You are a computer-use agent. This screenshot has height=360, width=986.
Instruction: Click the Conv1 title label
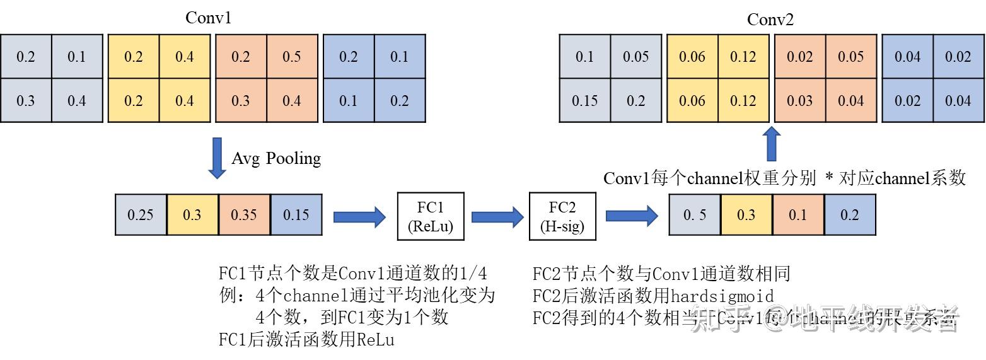click(208, 18)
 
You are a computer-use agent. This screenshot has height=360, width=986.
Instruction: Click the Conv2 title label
click(770, 20)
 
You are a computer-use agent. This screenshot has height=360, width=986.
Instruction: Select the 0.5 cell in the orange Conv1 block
click(292, 57)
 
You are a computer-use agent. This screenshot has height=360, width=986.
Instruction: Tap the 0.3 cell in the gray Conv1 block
click(26, 100)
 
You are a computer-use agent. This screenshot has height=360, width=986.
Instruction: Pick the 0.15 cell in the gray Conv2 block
click(585, 100)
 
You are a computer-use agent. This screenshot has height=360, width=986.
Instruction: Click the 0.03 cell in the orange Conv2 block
click(799, 100)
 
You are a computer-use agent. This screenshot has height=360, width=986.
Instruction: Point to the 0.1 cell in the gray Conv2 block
click(585, 57)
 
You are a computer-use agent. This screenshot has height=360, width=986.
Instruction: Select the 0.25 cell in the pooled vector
click(141, 215)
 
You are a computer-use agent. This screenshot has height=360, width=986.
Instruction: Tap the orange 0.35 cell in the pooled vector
click(244, 215)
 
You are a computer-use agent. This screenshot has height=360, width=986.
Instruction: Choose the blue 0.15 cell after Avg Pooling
click(296, 215)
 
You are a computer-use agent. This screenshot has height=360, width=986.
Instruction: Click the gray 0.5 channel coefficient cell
click(694, 215)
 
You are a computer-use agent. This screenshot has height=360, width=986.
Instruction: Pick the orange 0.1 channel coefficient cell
click(797, 215)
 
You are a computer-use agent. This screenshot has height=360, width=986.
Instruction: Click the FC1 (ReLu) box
click(431, 216)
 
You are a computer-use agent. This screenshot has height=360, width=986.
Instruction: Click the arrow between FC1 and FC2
click(497, 217)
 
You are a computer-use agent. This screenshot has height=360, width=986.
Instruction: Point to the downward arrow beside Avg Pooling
click(217, 158)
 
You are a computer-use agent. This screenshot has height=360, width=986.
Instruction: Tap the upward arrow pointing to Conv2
click(770, 144)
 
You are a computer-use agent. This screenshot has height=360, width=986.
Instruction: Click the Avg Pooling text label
click(276, 158)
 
